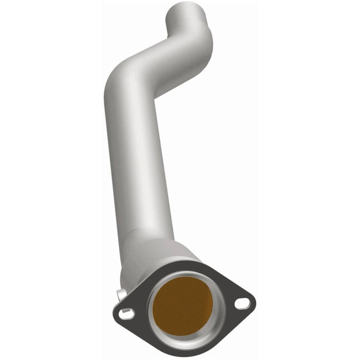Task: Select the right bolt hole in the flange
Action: tap(242, 304)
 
